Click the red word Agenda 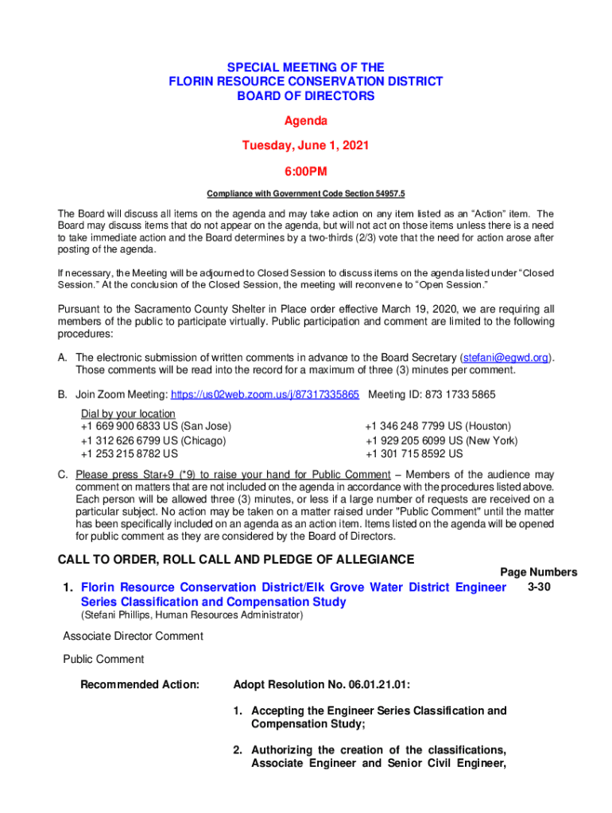click(x=306, y=121)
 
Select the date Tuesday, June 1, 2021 click(x=306, y=146)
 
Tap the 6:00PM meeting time click(x=306, y=171)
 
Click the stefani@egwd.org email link click(x=506, y=357)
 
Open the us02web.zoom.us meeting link click(x=265, y=394)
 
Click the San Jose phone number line click(x=156, y=426)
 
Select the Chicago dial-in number click(x=153, y=441)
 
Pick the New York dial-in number click(x=441, y=441)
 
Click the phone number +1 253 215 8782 click(x=130, y=454)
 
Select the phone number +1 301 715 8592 click(x=414, y=454)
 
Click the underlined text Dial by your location click(x=128, y=414)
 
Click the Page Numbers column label click(x=538, y=572)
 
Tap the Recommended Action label click(x=140, y=684)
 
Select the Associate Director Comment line click(x=133, y=636)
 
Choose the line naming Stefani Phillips click(x=191, y=615)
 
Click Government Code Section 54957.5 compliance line click(x=306, y=194)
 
